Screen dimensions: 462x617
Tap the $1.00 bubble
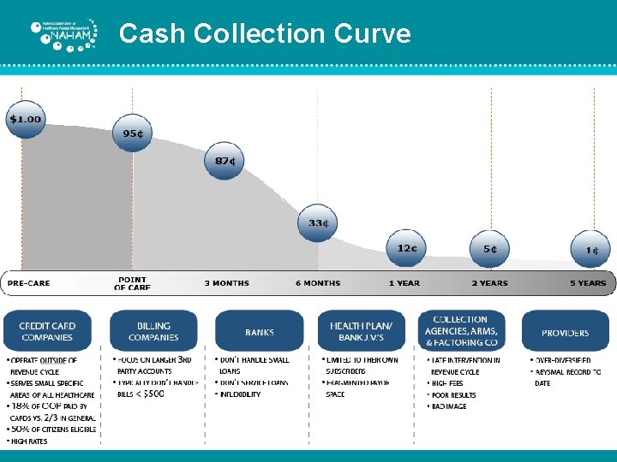[25, 119]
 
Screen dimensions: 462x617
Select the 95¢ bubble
[132, 133]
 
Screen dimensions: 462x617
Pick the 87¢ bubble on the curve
[225, 161]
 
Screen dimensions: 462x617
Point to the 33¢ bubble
[318, 223]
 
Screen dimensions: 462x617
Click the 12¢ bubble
[407, 248]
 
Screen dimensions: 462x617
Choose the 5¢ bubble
[490, 249]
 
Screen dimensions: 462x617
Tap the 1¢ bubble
[591, 250]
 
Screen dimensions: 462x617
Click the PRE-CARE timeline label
[29, 283]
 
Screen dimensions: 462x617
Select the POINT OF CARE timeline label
[132, 283]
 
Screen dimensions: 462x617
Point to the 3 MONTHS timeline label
[227, 283]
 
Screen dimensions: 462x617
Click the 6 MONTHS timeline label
[318, 283]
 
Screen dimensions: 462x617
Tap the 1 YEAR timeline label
[404, 283]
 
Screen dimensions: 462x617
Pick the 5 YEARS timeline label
[589, 283]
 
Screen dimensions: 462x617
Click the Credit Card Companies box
[47, 331]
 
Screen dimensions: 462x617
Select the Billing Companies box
[153, 331]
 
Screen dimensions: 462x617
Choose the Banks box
[259, 332]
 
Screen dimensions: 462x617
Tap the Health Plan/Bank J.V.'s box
[361, 331]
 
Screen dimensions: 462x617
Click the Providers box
[565, 332]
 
